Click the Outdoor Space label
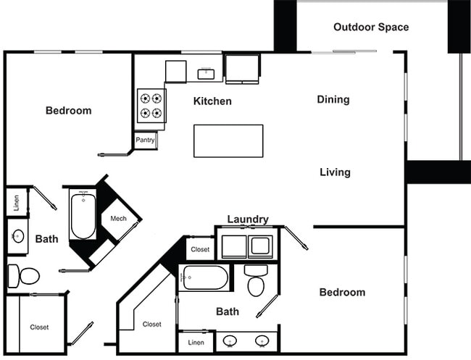371,28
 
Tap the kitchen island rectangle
228,141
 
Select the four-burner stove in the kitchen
151,105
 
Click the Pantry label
146,140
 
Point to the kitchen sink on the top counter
206,72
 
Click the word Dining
333,99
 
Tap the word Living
335,172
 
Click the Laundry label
248,219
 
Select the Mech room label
119,219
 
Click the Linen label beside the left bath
17,202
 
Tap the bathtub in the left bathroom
82,214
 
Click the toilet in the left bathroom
24,275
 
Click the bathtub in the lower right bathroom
205,277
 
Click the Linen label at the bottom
196,341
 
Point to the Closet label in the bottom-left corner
39,327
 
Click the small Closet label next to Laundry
200,249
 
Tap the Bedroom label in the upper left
68,111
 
